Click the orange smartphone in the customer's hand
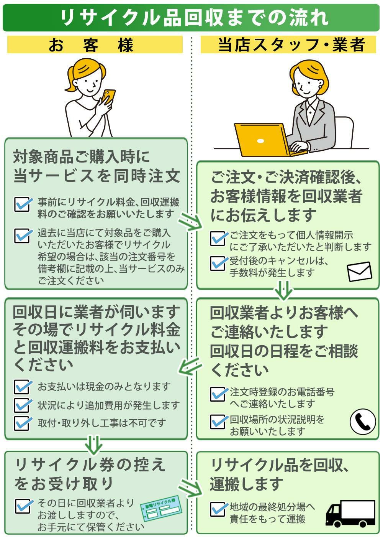tap(109, 96)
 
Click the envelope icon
tap(359, 272)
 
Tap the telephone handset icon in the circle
tap(362, 422)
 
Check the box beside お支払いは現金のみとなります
tap(22, 387)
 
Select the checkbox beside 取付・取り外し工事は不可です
tap(22, 423)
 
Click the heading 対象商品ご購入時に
tap(81, 157)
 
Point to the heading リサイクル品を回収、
tap(280, 465)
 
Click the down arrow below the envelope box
tap(284, 290)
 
